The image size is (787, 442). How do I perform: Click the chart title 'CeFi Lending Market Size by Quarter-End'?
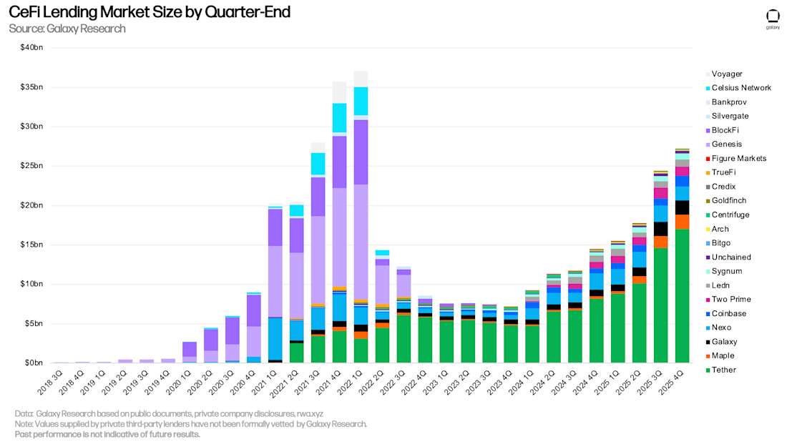(x=149, y=12)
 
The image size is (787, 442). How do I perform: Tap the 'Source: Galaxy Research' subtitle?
(x=67, y=29)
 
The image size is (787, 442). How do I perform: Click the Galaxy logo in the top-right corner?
(x=773, y=18)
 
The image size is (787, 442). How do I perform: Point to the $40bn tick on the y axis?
(x=31, y=48)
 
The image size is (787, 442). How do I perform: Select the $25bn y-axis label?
(x=31, y=166)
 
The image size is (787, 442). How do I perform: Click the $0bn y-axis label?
(x=34, y=363)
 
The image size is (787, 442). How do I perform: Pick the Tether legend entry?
(x=723, y=370)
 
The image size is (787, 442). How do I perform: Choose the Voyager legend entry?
(x=726, y=74)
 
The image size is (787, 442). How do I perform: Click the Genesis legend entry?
(x=726, y=144)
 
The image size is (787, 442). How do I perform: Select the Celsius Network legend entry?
(x=740, y=87)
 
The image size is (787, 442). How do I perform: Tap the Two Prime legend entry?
(x=730, y=299)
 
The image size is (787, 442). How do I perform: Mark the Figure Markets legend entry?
(x=738, y=158)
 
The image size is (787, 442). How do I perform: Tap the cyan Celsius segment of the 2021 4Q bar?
(x=339, y=117)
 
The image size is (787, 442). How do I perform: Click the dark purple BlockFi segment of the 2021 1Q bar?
(x=275, y=227)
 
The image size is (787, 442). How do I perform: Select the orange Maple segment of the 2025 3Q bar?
(x=661, y=242)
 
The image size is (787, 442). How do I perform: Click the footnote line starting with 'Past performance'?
(x=107, y=434)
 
